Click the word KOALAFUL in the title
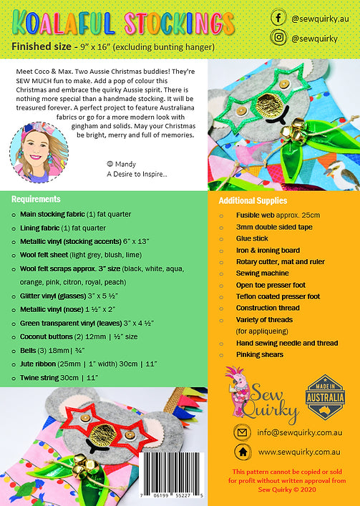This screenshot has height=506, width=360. click(x=59, y=22)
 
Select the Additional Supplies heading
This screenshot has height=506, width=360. click(x=253, y=200)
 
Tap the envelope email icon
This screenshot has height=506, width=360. click(x=243, y=432)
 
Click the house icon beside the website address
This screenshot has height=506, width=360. click(x=243, y=452)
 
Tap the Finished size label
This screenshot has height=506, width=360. click(x=39, y=47)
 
